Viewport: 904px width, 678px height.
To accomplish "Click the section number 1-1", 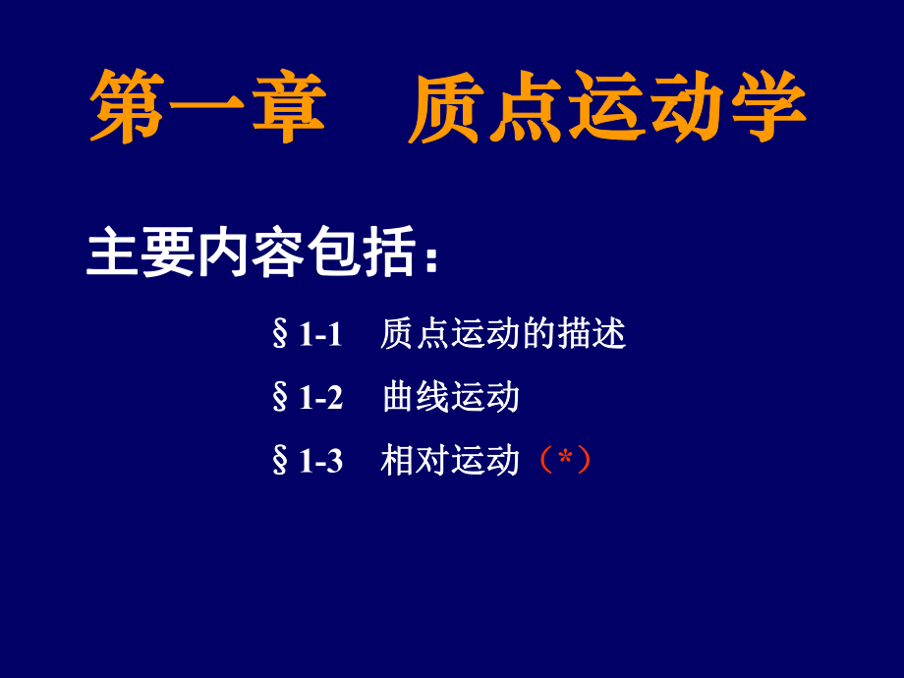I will click(320, 336).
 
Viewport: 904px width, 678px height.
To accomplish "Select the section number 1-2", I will click(320, 398).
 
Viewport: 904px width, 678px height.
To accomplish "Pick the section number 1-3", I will click(320, 461).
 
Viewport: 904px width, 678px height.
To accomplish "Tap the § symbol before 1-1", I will click(280, 336).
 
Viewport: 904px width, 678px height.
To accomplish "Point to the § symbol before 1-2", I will click(280, 398).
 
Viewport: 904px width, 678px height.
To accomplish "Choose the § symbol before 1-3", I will click(280, 461).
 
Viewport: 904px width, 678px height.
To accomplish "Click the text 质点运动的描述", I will click(503, 335).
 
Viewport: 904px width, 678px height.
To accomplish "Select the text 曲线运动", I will click(451, 398).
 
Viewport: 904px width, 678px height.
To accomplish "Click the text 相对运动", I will click(450, 460).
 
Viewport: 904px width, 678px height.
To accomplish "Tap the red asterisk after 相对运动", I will click(564, 457).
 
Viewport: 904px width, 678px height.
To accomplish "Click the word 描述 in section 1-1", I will click(592, 335).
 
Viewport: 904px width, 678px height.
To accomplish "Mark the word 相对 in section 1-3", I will click(415, 460).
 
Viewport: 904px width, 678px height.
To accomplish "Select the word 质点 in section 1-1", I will click(415, 335).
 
